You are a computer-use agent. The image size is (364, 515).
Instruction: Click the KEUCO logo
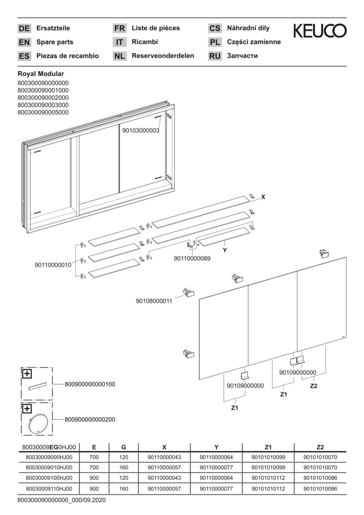click(320, 31)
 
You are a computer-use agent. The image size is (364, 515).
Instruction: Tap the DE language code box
click(24, 28)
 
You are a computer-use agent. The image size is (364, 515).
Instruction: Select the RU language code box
click(215, 56)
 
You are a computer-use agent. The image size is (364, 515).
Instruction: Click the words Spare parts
click(55, 42)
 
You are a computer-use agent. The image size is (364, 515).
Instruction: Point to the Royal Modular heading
click(40, 74)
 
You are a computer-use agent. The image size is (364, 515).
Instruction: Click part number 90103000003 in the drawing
click(141, 130)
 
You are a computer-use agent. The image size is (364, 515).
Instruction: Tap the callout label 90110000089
click(192, 258)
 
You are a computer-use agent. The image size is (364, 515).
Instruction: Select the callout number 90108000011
click(154, 301)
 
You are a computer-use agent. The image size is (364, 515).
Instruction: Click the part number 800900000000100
click(90, 384)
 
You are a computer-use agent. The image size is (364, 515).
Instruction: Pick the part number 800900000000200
click(90, 420)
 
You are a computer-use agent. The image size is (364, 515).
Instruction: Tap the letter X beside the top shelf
click(263, 196)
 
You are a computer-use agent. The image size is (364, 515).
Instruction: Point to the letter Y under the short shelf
click(225, 250)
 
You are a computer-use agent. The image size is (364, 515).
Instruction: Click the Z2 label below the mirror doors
click(313, 386)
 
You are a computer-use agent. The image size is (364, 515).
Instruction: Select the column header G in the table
click(123, 447)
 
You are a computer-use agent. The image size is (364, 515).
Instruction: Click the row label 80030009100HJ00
click(49, 477)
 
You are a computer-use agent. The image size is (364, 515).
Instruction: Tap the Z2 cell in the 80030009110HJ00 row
click(320, 488)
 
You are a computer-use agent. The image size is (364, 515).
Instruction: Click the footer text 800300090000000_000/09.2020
click(61, 500)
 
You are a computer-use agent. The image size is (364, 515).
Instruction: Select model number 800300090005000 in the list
click(43, 112)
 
